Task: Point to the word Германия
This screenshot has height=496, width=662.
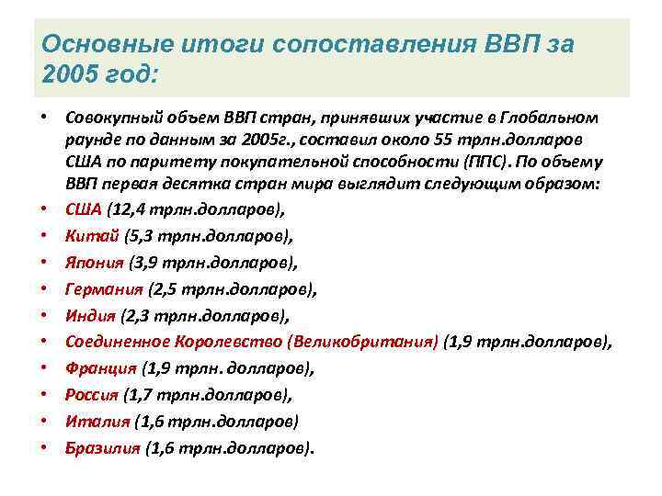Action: click(x=104, y=288)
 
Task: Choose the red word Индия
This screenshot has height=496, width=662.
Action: click(x=90, y=315)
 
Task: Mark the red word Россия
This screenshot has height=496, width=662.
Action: click(x=92, y=396)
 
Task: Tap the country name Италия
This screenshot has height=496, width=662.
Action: click(x=96, y=423)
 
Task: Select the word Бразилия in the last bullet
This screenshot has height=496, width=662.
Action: click(x=102, y=449)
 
